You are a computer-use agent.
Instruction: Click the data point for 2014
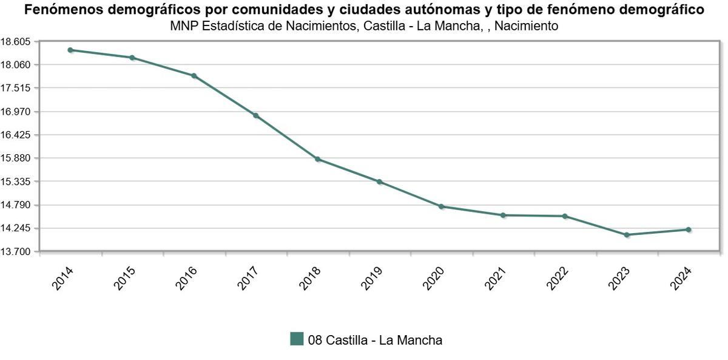(x=70, y=50)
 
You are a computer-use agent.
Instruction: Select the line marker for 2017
(x=256, y=115)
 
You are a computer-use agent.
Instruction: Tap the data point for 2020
(x=442, y=206)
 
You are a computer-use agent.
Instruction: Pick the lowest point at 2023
(x=627, y=235)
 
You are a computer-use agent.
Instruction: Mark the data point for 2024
(x=689, y=229)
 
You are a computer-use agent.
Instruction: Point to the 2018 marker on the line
(x=318, y=159)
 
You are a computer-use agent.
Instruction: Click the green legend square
(x=297, y=339)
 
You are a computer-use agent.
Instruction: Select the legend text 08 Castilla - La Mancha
(x=375, y=341)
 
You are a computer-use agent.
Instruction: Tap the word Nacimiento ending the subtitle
(x=527, y=26)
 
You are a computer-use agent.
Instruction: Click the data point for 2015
(x=132, y=58)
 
